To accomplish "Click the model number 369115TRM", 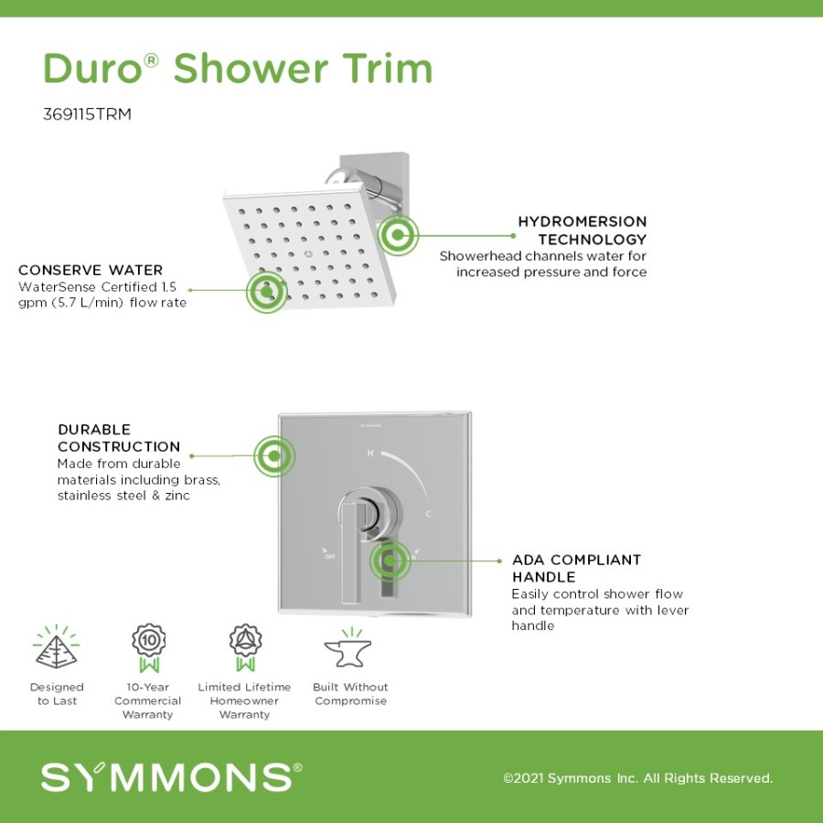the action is (87, 114).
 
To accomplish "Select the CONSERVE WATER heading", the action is (91, 270).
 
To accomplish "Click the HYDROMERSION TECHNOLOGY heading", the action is (583, 230).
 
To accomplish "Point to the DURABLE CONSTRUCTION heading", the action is (119, 438).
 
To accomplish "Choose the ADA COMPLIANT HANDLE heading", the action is (576, 568).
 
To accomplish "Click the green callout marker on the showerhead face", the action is (267, 292).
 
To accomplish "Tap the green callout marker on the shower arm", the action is (398, 235).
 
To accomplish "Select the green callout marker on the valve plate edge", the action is (274, 455).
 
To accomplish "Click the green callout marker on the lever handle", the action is (390, 561).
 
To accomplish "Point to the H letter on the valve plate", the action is (370, 453).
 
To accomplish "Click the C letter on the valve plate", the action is (428, 514).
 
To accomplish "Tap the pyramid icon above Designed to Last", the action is (56, 647).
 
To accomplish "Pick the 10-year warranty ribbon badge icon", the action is (148, 647).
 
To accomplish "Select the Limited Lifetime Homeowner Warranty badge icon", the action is (245, 647).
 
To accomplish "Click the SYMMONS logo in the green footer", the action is (171, 776).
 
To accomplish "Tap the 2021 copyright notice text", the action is (637, 778).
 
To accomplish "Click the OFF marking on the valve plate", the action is (329, 556).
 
